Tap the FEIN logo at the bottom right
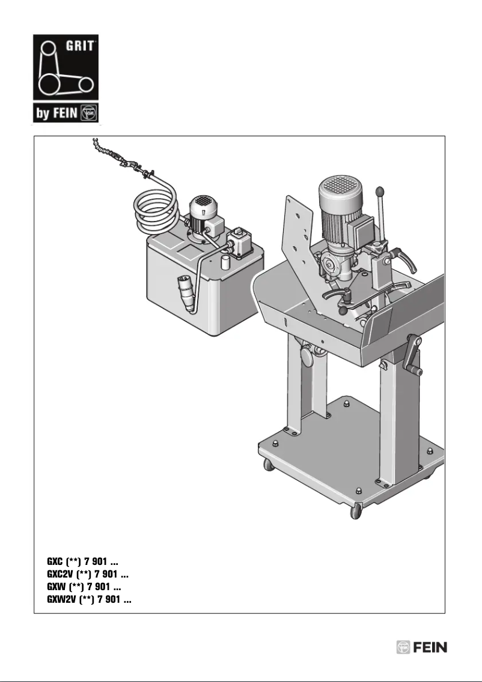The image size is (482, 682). tap(421, 648)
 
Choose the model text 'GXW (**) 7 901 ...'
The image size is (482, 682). tap(84, 587)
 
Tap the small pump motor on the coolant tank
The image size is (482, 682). tap(201, 216)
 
